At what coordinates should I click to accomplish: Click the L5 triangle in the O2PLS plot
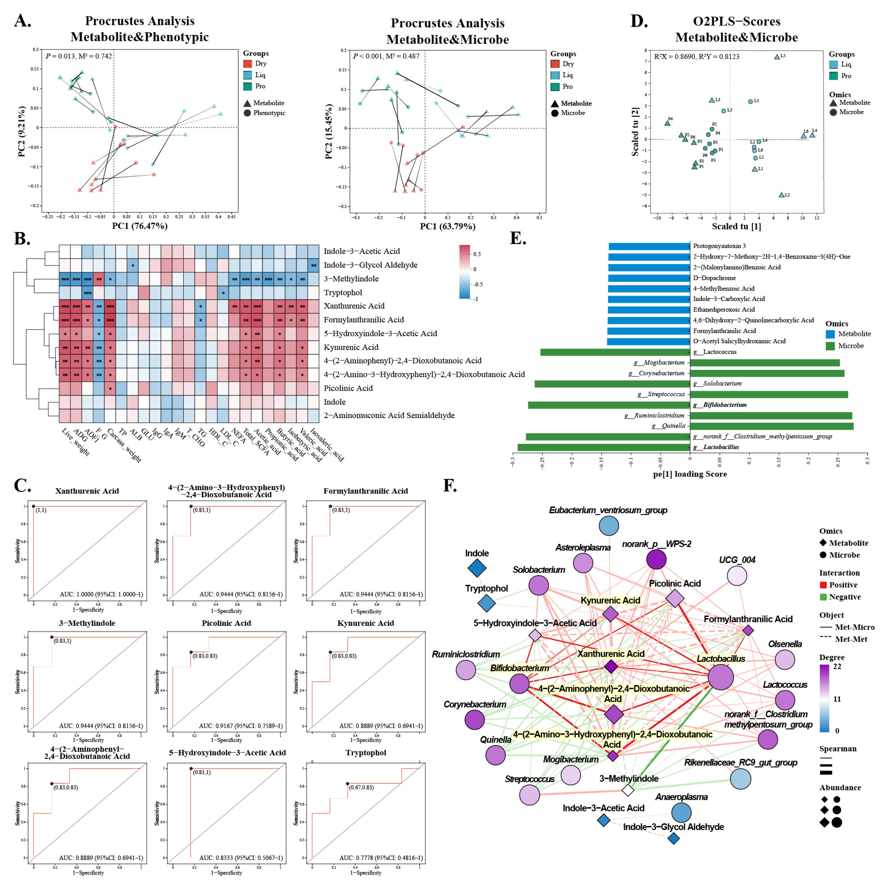pyautogui.click(x=777, y=57)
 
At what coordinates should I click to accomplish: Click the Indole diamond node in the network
pyautogui.click(x=477, y=568)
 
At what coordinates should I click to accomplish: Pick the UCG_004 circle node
pyautogui.click(x=737, y=576)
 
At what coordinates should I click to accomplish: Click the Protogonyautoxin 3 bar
pyautogui.click(x=649, y=246)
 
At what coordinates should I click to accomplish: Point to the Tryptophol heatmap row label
pyautogui.click(x=343, y=293)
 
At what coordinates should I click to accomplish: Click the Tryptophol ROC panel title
pyautogui.click(x=366, y=753)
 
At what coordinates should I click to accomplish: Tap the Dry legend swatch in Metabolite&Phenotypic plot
pyautogui.click(x=248, y=64)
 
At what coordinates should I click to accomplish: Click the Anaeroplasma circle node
pyautogui.click(x=681, y=813)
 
